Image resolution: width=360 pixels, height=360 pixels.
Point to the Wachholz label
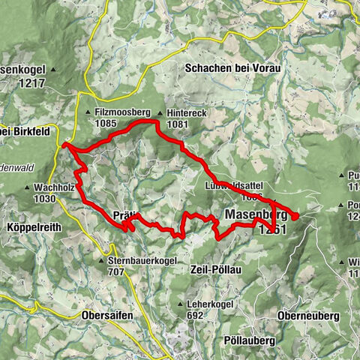pyautogui.click(x=56, y=187)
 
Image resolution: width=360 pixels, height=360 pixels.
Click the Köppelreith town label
pyautogui.click(x=36, y=226)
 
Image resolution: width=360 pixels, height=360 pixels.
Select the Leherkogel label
pyautogui.click(x=210, y=305)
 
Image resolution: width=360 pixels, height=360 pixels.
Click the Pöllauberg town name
pyautogui.click(x=250, y=340)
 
